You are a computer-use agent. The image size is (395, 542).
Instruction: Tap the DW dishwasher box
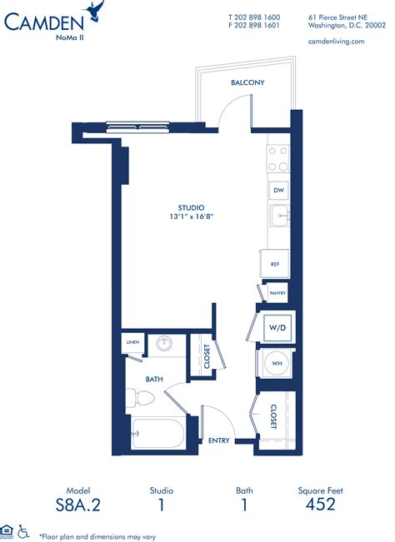277,191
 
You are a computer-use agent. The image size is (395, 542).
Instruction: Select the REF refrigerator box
275,264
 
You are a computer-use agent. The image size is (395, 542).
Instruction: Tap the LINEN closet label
132,342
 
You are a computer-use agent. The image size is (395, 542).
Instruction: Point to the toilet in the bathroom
135,397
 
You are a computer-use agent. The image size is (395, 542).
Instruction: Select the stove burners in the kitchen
277,159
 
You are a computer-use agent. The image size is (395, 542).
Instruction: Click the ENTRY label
219,440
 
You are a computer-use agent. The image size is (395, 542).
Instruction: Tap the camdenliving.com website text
337,41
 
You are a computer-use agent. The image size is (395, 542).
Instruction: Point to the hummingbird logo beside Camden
98,12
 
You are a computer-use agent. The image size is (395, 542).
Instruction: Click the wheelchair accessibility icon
24,530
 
